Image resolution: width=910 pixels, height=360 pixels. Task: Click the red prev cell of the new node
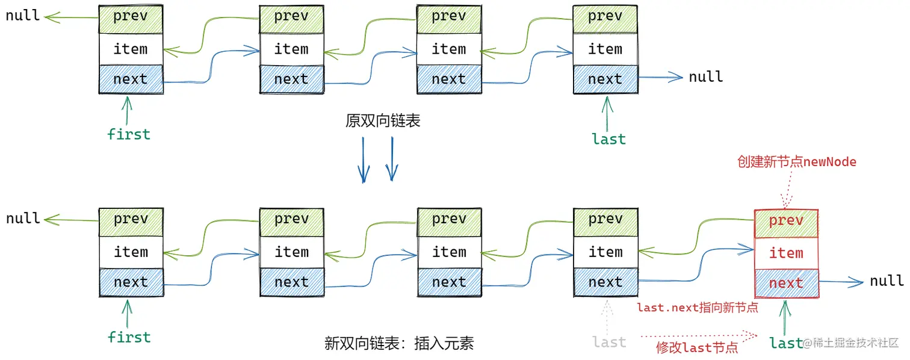[x=786, y=221]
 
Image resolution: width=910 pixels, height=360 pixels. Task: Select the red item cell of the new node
[x=786, y=253]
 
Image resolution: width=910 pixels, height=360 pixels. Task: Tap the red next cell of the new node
[x=786, y=283]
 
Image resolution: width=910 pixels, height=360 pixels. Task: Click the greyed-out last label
[x=608, y=342]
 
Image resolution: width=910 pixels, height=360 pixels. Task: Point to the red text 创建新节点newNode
[x=797, y=162]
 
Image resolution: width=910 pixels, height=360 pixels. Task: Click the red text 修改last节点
[x=697, y=347]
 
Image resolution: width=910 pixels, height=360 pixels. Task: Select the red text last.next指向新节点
[x=697, y=308]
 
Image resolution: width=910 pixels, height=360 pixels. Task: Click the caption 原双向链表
[x=383, y=121]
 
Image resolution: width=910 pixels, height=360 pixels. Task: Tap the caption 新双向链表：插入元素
[x=399, y=344]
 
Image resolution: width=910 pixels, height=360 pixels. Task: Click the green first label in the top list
[x=128, y=134]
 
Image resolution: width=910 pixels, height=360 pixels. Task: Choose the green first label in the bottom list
[x=128, y=337]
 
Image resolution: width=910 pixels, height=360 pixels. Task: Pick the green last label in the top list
[x=608, y=139]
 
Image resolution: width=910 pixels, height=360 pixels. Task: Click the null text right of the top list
[x=705, y=77]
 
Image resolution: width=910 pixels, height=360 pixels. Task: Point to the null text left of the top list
[x=23, y=16]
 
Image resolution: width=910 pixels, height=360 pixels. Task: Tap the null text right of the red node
[x=887, y=281]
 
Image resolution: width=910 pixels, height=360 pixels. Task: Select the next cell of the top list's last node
[x=605, y=79]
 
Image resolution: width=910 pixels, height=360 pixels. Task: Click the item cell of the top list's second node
[x=291, y=49]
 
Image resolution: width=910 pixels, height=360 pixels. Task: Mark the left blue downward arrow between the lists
[x=364, y=159]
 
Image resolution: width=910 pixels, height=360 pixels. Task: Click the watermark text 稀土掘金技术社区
[x=855, y=343]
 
